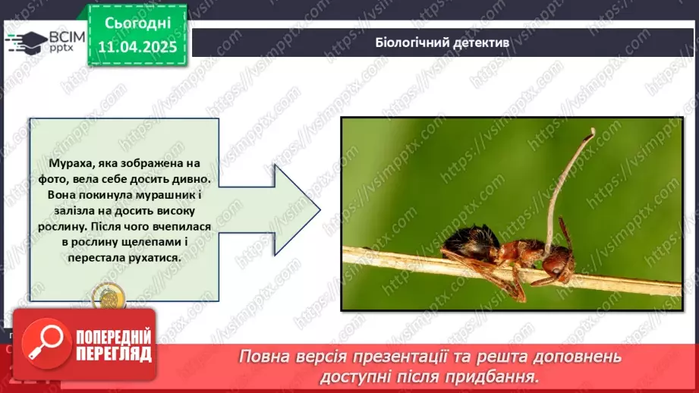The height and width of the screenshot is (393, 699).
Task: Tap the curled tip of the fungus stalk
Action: point(591,132)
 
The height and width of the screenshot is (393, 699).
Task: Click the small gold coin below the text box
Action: point(103,297)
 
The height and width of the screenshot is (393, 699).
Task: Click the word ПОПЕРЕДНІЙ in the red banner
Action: point(112,337)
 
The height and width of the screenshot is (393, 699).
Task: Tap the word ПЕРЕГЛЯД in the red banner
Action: point(112,354)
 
